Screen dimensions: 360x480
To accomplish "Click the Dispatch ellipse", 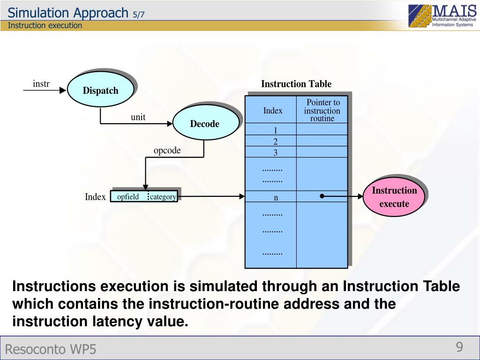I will [100, 90].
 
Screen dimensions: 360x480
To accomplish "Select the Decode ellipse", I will [204, 123].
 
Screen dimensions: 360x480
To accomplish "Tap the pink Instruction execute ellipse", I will [394, 197].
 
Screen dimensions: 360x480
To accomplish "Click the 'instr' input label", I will [41, 84].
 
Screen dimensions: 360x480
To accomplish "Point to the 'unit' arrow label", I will [138, 117].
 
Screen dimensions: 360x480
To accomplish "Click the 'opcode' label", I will [167, 150].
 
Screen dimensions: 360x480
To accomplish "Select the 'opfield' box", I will [129, 196].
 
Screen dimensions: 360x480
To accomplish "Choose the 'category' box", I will [163, 196].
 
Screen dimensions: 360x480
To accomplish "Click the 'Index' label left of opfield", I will [95, 197].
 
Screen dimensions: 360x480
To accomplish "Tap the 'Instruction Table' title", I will [296, 84].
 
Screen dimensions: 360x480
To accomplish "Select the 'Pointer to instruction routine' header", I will [322, 111].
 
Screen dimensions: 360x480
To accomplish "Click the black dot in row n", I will [322, 196].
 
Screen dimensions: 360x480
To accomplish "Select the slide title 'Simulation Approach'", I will [68, 13].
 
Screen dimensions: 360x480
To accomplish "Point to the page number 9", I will [459, 347].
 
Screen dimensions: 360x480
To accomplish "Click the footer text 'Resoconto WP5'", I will [51, 349].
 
